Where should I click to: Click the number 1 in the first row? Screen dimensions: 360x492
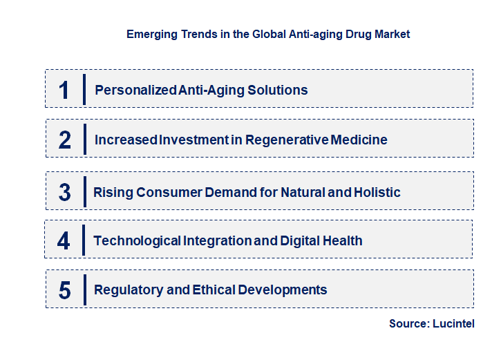coord(64,90)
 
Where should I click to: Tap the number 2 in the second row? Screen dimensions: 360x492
coord(65,140)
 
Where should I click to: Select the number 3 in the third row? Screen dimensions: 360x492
coord(64,192)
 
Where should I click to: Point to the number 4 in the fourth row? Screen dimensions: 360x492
coord(64,240)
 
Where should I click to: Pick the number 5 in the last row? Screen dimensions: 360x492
coord(64,290)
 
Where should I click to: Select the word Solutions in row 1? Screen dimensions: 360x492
coord(279,90)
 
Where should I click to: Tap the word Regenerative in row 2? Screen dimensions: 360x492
coord(308,140)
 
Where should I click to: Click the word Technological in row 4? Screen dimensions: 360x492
coord(137,240)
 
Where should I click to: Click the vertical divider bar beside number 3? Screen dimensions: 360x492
coord(84,191)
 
